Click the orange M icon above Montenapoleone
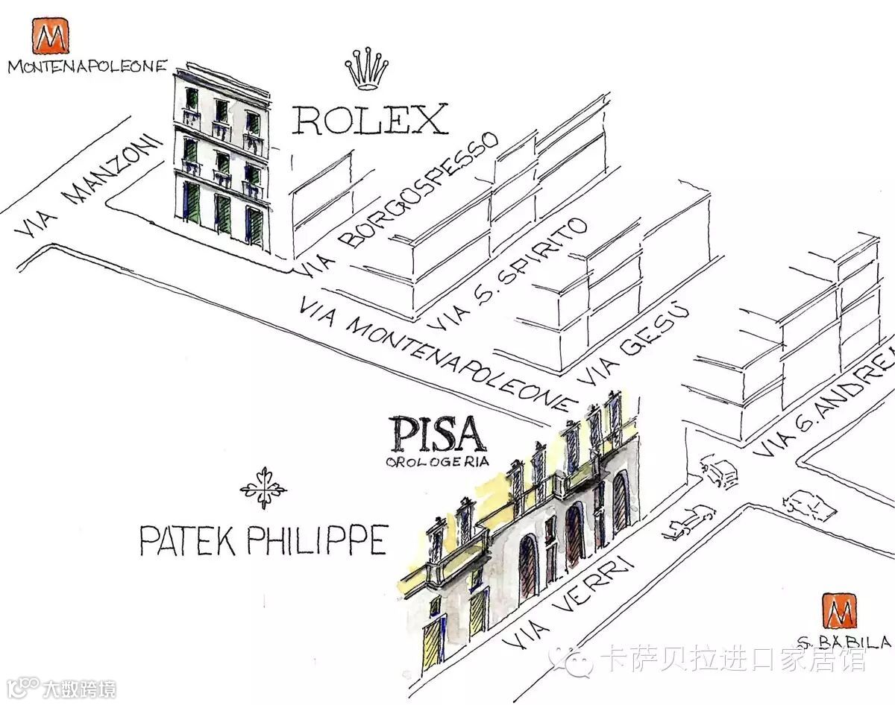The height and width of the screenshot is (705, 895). [50, 36]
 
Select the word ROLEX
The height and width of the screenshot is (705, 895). [369, 119]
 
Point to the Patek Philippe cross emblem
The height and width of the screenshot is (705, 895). [263, 488]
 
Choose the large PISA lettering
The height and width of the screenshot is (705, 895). [438, 434]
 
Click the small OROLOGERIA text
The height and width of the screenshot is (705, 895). [437, 462]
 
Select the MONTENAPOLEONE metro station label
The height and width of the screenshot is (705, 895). [87, 66]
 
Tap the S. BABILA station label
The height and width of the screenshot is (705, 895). [844, 642]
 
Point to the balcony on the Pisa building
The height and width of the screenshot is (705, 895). [455, 555]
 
